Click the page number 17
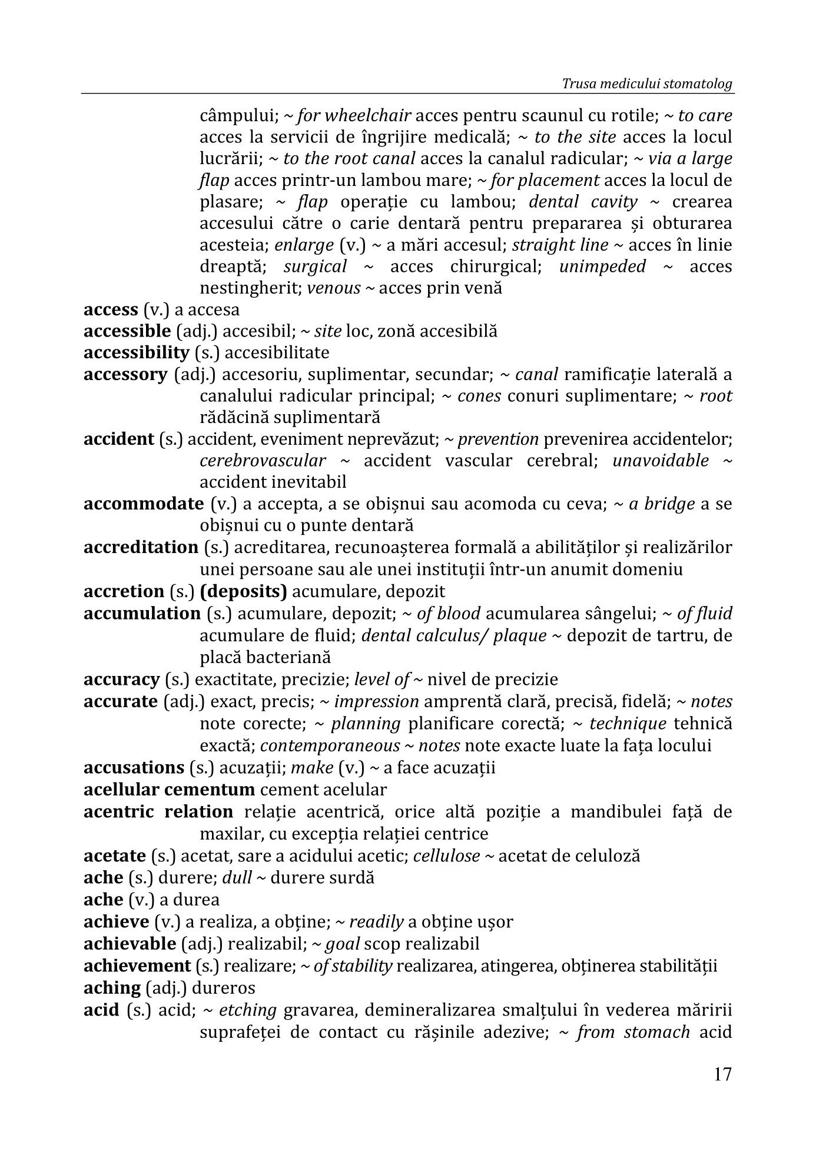(722, 1074)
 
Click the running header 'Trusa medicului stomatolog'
(647, 84)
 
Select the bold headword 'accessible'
(127, 331)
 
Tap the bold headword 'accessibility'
(136, 353)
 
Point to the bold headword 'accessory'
(125, 375)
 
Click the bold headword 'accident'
(118, 439)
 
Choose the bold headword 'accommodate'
(144, 504)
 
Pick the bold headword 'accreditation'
(141, 547)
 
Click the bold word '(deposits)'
(243, 591)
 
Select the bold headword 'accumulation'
(142, 614)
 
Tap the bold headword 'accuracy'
(121, 680)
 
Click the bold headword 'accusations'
(134, 768)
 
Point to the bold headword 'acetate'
(114, 855)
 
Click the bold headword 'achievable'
(130, 944)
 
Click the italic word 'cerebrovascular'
(263, 461)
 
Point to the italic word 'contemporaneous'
(330, 746)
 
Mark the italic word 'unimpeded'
(602, 267)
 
